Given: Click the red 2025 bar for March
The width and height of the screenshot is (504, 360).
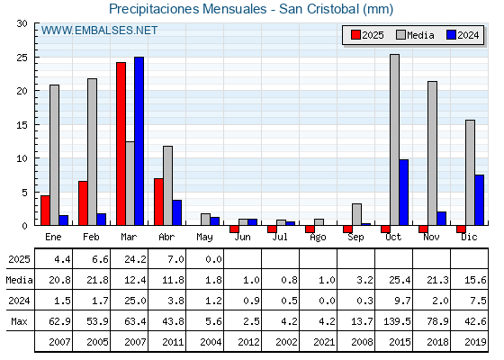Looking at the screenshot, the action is pos(121,144).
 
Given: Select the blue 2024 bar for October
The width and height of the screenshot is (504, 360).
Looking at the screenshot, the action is pos(404,193).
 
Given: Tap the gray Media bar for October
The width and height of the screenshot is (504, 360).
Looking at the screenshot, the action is pos(395,139).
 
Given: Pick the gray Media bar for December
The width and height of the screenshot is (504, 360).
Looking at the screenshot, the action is pos(470,173).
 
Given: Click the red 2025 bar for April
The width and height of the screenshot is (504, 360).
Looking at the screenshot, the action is pos(158,202).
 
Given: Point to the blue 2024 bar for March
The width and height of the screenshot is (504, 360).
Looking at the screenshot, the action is pos(139,141).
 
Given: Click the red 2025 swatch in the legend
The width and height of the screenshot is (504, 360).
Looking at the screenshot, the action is pos(355,35).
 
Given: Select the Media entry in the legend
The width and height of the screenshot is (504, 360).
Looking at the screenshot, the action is pos(415,35).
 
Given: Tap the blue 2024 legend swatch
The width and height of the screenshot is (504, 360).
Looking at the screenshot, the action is pos(451,35).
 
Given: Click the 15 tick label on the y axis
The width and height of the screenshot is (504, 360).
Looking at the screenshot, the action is pos(22,125).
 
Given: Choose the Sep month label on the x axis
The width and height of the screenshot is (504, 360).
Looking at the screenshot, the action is pos(355,238).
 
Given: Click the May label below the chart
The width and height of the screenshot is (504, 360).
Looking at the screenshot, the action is pos(204,238).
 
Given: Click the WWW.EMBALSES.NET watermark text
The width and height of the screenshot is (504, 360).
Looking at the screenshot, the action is pos(99,31).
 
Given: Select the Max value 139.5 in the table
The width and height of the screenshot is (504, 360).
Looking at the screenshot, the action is pos(397,321).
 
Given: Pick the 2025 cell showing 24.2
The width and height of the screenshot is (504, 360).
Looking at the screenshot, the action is pos(135,259).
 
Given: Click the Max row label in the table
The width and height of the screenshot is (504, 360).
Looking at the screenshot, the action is pos(19,321).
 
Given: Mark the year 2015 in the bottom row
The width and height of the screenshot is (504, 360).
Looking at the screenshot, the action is pos(400,342).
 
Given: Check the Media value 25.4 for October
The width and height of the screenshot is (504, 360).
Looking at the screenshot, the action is pos(400,280).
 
